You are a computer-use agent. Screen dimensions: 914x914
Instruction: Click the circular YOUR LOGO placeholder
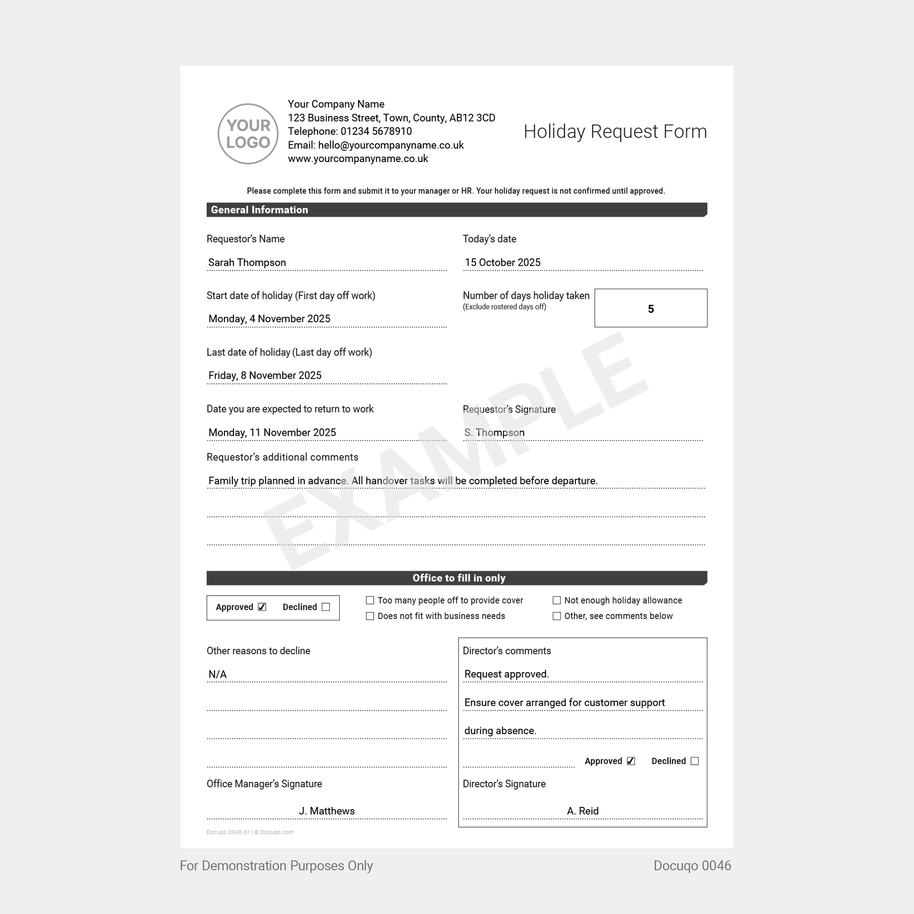[248, 134]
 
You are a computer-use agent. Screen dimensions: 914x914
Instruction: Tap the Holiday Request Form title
[614, 132]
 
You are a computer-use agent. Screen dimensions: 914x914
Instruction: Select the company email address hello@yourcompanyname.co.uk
[391, 145]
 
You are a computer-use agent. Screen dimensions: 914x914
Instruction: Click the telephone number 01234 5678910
[376, 132]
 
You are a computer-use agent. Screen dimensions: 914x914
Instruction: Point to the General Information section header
[259, 210]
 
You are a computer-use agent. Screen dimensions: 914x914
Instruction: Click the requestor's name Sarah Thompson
[247, 263]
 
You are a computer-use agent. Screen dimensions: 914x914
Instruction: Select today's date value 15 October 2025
[503, 263]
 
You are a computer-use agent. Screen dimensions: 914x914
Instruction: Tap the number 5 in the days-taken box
[651, 309]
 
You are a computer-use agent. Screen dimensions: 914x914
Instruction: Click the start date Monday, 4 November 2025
[269, 319]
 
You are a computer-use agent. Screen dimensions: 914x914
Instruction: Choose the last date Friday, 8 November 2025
[265, 376]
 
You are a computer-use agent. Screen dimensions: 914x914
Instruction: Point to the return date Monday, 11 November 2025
[272, 433]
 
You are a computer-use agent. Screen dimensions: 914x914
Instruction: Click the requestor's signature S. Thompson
[495, 433]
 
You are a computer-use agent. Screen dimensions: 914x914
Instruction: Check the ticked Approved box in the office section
[262, 607]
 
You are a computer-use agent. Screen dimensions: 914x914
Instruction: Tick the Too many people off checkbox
[370, 600]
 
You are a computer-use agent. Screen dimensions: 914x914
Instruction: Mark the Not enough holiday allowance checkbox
[557, 600]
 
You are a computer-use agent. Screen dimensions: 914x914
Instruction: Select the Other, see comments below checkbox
[557, 616]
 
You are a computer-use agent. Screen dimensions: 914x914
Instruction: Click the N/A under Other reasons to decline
[217, 674]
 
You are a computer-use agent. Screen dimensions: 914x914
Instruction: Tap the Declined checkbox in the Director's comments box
[695, 761]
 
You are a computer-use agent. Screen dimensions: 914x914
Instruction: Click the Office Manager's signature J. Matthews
[326, 811]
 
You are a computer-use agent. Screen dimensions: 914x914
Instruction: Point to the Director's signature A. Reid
[582, 811]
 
